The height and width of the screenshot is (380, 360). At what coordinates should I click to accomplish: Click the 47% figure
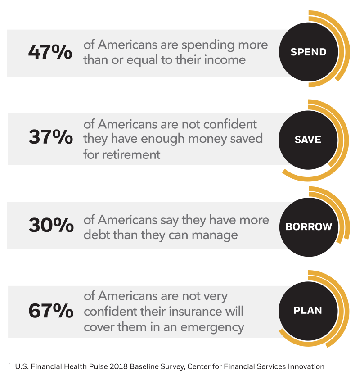[50, 52]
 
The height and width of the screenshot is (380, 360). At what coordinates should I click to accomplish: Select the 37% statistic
[50, 137]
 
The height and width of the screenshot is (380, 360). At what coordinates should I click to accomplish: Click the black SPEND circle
[308, 52]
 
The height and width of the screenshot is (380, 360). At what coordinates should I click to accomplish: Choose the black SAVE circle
[308, 139]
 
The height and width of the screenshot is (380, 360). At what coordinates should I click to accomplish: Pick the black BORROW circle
[308, 226]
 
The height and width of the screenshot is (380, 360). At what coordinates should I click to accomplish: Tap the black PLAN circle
[308, 311]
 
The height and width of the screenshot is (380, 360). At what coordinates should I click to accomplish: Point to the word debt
[97, 235]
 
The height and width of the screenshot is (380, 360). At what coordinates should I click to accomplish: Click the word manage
[215, 235]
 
